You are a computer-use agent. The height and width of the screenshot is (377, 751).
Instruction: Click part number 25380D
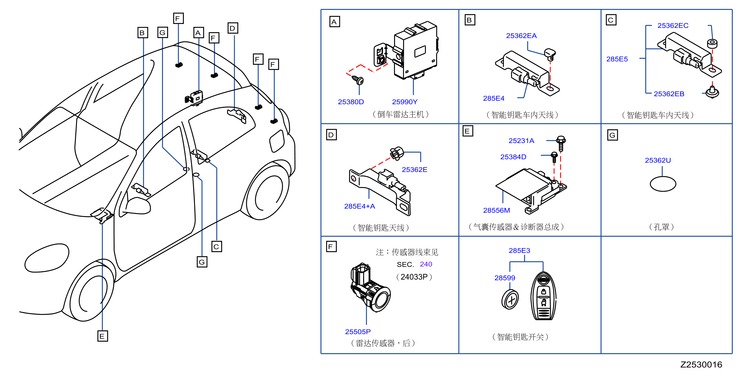pos(351,102)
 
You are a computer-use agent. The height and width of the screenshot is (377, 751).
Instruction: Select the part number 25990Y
pos(405,102)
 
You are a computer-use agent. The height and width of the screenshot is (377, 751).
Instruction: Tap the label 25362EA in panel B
pos(521,36)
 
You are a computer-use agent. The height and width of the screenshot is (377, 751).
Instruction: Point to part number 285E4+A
pos(360,206)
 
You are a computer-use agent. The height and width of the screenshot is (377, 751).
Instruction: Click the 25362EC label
pos(673,26)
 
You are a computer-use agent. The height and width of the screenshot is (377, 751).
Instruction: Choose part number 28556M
pos(496,210)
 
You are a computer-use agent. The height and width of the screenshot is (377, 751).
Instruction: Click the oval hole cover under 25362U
pos(663,184)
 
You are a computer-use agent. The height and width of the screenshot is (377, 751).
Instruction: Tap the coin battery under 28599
pos(510,299)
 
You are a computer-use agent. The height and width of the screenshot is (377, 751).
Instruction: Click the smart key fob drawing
pos(543,296)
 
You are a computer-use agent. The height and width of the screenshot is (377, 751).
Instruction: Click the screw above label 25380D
pos(358,80)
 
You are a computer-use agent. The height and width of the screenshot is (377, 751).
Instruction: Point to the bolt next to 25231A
pos(561,143)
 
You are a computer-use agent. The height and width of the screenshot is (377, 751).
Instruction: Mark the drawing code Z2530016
pos(701,365)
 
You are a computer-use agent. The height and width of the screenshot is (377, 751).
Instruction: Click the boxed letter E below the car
pos(102,336)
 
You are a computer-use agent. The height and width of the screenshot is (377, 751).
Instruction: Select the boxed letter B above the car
pos(142,33)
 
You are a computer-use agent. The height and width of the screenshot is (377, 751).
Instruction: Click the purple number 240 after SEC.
pos(426,264)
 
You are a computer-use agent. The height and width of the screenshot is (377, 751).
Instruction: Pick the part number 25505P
pos(358,332)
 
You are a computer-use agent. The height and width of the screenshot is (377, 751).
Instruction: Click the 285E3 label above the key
pos(519,250)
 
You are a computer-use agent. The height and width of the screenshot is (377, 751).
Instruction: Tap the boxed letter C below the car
pos(217,247)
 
